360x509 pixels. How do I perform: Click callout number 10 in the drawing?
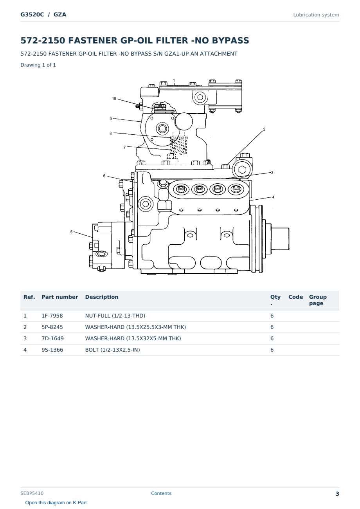point(114,99)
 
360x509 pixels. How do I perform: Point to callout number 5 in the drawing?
point(71,232)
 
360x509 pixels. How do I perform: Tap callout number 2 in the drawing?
point(264,129)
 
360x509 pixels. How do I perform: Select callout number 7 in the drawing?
point(124,147)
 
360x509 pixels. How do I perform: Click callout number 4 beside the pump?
point(273,197)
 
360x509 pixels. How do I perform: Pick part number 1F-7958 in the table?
point(52,316)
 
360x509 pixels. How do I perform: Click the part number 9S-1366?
point(52,350)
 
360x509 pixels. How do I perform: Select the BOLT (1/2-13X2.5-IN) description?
point(112,350)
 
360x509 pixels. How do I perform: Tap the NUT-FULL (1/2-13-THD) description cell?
point(115,316)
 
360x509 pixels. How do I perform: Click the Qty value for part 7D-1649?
point(272,338)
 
